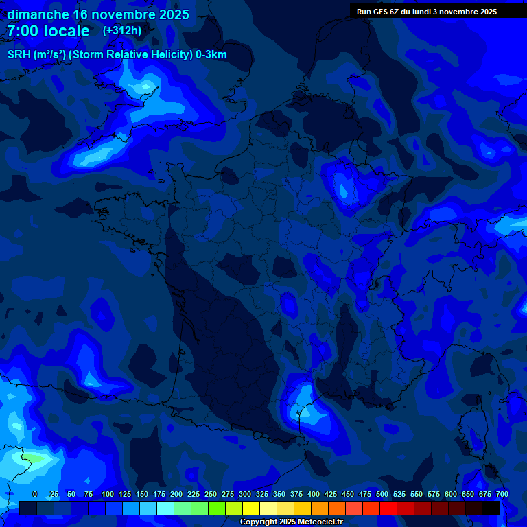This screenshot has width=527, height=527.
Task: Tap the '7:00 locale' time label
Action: pos(49,31)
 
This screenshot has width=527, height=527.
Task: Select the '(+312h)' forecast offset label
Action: pos(122,30)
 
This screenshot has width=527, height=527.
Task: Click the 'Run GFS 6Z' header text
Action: pos(378,12)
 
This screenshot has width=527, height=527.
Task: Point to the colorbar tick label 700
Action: pos(502,494)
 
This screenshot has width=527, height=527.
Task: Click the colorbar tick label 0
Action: pos(35,494)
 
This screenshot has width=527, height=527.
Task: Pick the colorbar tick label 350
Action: pos(279,494)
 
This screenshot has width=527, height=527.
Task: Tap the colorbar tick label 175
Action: pos(159,494)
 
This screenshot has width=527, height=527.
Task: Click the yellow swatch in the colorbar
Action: pos(251,508)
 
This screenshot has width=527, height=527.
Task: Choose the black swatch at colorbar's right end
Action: pos(491,508)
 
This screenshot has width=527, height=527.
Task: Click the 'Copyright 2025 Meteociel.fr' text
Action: pos(291,522)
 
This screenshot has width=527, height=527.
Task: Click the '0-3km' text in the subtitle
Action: pos(211,55)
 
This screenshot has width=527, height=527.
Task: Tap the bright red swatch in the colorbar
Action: pos(388,508)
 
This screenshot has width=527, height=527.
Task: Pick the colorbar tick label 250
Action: pos(211,494)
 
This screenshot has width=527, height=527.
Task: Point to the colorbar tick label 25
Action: pos(54,494)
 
